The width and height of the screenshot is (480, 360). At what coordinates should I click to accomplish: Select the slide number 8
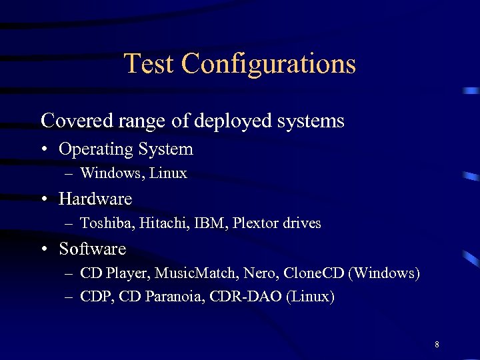(437, 345)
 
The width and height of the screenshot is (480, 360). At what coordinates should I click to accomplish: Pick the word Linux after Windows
(168, 173)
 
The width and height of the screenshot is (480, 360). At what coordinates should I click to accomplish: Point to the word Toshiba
(107, 223)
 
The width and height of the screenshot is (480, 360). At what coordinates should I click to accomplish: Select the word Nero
(261, 273)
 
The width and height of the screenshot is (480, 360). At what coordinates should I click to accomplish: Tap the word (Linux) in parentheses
(310, 297)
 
